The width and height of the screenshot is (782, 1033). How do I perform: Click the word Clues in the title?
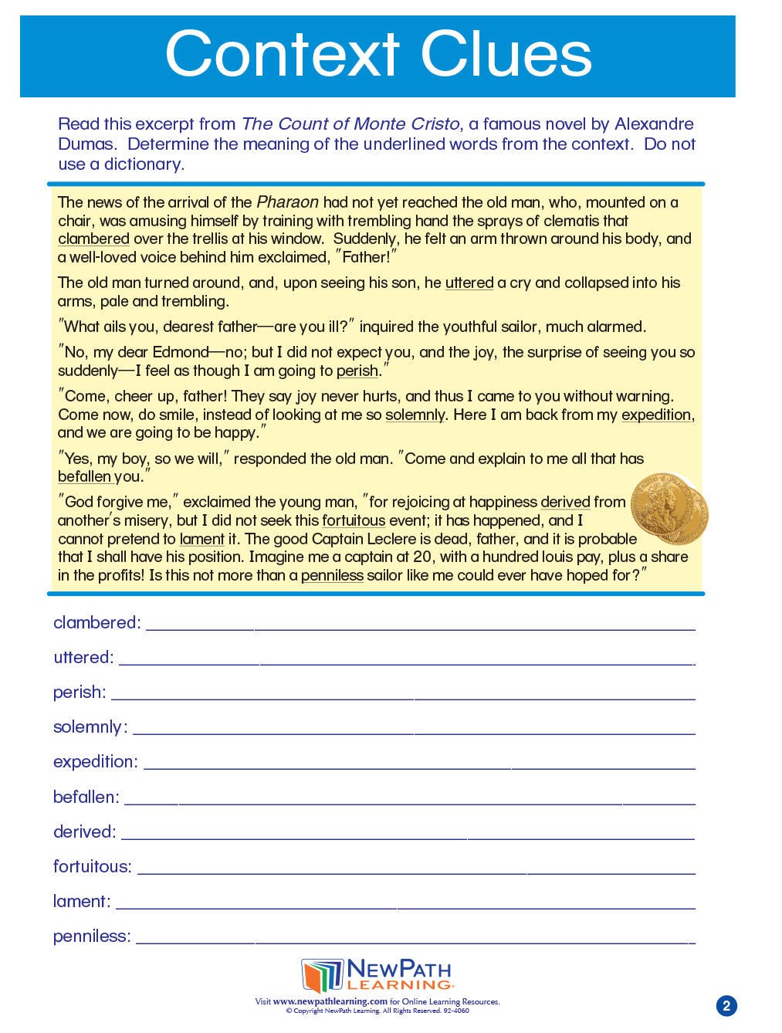[506, 55]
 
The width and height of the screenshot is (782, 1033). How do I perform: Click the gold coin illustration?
[668, 510]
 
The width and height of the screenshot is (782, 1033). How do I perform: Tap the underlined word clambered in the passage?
[93, 239]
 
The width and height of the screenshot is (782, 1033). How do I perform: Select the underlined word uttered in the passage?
[469, 283]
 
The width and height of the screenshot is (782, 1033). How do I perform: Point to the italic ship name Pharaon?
[287, 202]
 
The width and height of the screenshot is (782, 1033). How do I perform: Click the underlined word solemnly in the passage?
[415, 415]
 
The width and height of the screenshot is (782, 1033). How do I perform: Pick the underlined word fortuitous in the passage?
[354, 520]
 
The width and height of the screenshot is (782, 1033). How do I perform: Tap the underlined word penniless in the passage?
[332, 575]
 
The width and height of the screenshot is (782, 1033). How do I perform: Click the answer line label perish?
[80, 693]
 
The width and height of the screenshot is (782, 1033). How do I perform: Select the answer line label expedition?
[95, 762]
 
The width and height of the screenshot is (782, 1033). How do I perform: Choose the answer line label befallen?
[86, 797]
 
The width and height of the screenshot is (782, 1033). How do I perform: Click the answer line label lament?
[82, 901]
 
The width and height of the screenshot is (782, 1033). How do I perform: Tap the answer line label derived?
[85, 831]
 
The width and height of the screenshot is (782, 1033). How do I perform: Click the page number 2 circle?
[726, 1005]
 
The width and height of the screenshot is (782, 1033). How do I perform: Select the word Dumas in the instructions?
[86, 144]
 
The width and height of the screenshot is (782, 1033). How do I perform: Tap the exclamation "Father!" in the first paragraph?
[366, 257]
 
